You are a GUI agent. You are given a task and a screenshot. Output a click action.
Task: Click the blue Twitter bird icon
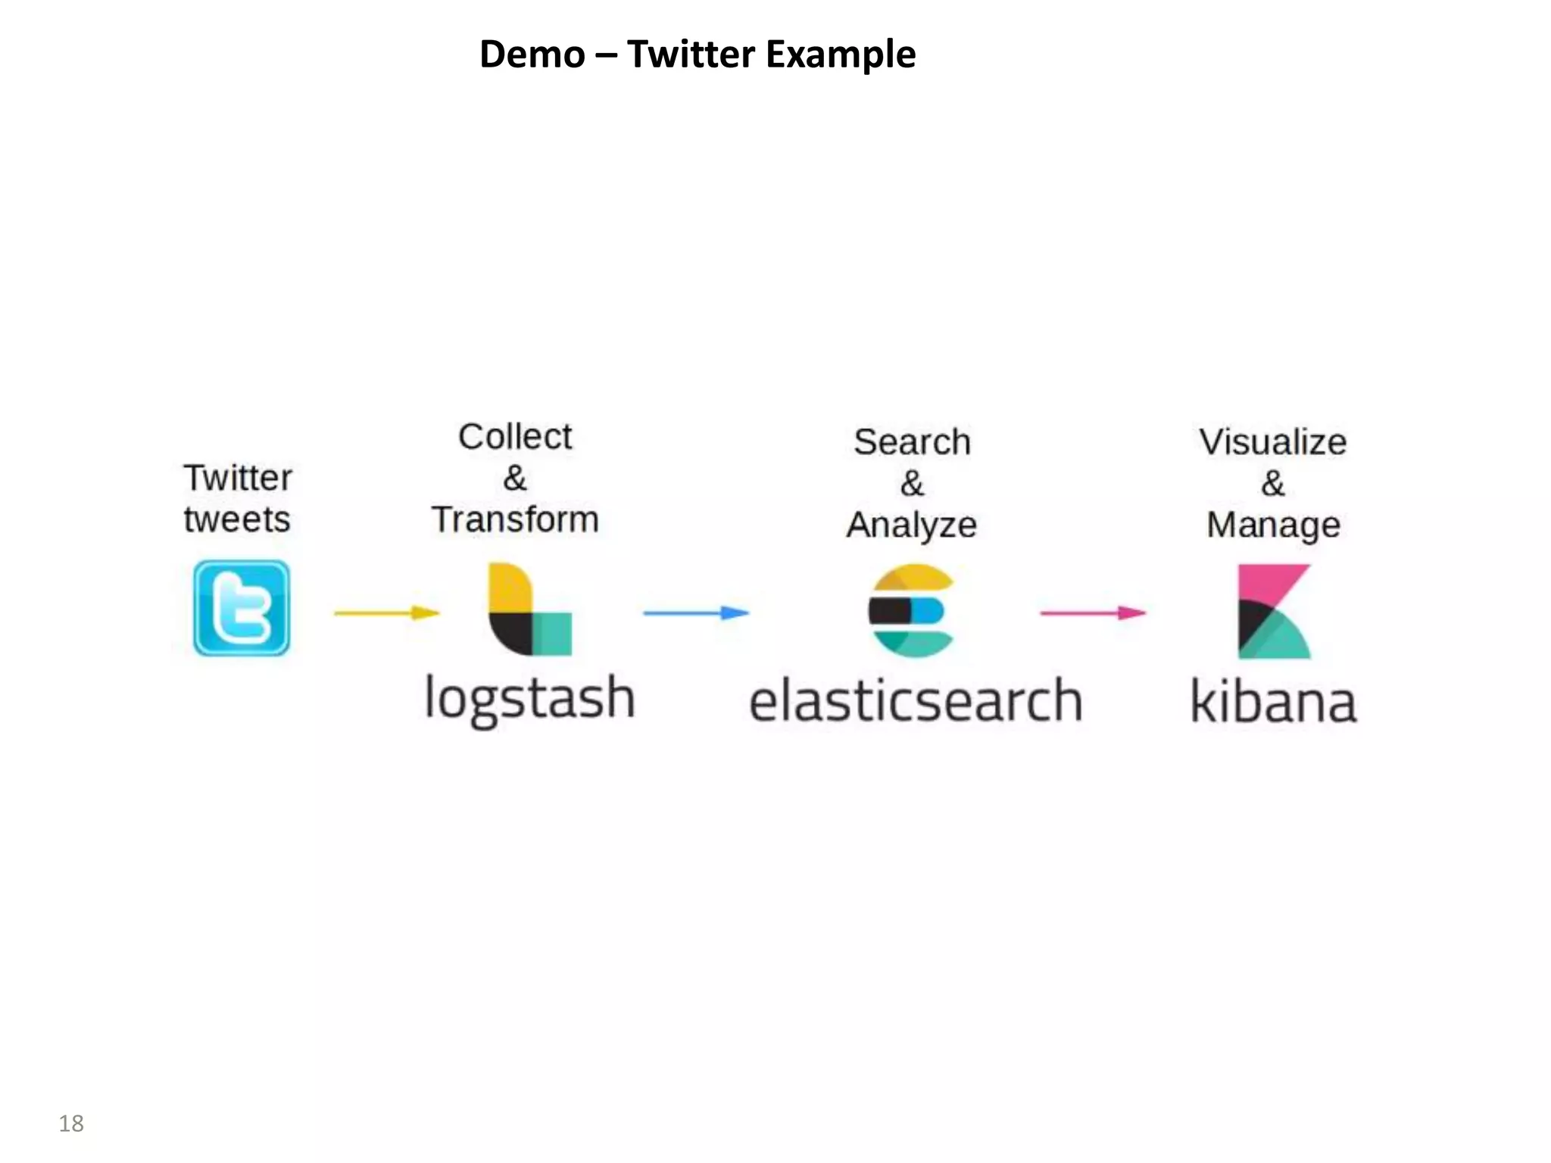point(242,608)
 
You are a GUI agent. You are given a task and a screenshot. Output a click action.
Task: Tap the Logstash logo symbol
point(529,609)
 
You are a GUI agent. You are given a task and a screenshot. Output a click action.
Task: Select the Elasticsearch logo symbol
point(911,610)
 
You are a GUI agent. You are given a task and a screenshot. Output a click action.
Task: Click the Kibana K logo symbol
point(1274,611)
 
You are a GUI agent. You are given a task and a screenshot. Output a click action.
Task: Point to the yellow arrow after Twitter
point(387,613)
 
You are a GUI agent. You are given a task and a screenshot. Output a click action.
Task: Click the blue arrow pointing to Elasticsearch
point(696,613)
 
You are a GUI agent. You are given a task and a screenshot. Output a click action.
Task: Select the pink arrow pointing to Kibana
point(1093,613)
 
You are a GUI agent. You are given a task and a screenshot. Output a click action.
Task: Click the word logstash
point(529,699)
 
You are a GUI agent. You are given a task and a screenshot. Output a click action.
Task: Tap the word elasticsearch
point(916,701)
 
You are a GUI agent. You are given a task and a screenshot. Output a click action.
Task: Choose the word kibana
point(1274,702)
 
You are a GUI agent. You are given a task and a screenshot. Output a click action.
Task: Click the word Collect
point(515,437)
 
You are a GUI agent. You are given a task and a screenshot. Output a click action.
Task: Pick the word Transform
point(515,520)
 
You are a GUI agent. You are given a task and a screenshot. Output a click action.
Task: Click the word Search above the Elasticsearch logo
point(912,442)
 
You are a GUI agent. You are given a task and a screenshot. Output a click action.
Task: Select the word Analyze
point(912,525)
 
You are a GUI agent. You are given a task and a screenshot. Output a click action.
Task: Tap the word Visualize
point(1273,442)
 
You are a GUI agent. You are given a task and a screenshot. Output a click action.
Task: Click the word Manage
point(1273,525)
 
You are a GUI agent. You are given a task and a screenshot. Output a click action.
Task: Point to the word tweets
point(237,520)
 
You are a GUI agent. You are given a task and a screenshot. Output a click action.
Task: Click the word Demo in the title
point(532,55)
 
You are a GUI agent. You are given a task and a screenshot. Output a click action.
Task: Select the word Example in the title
point(841,55)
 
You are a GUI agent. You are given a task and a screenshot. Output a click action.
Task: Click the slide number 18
point(71,1123)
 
